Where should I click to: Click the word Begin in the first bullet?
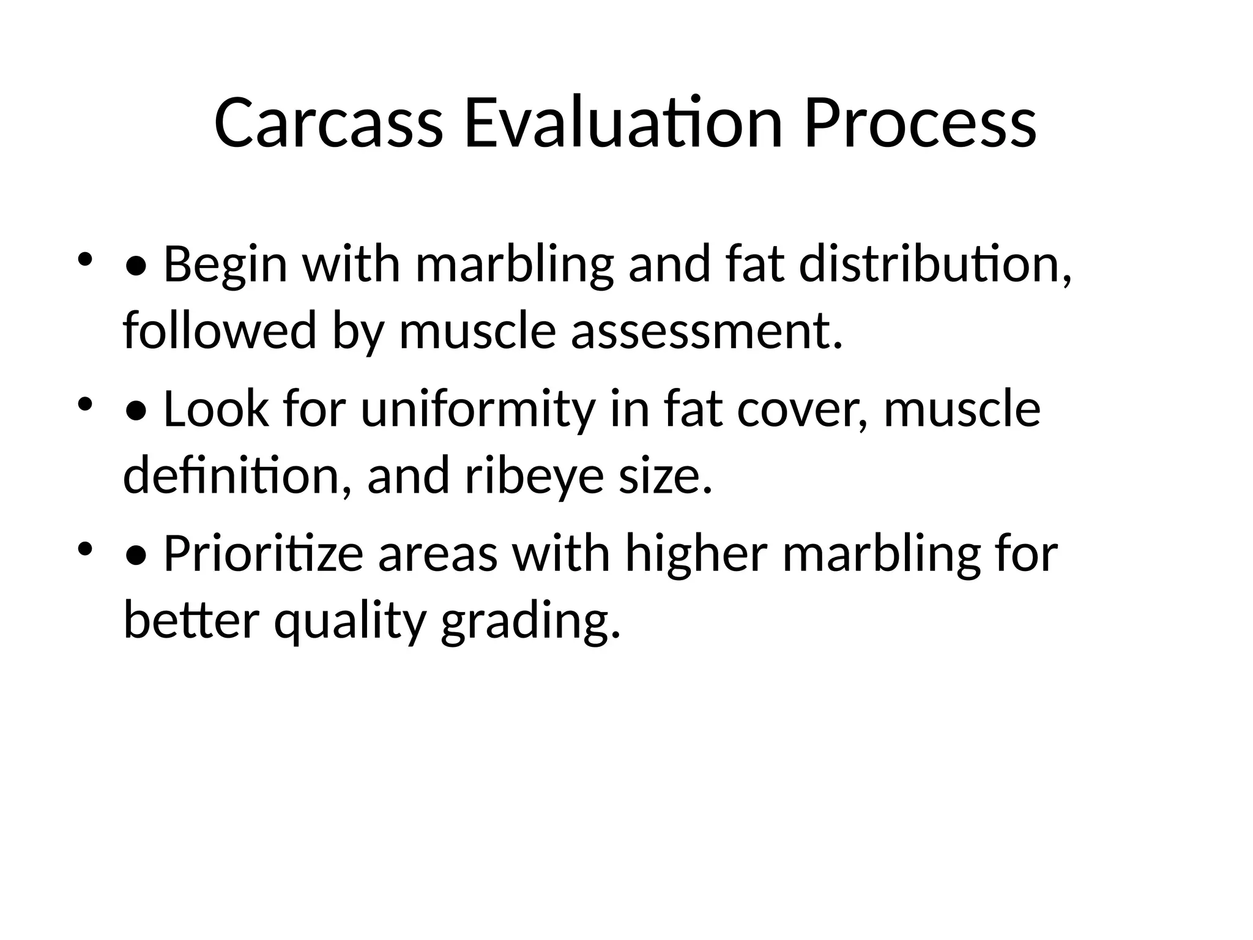point(225,264)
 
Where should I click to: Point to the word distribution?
point(935,264)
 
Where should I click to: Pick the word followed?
point(220,331)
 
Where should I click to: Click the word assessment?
point(707,331)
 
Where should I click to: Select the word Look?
point(216,409)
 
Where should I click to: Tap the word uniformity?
point(478,409)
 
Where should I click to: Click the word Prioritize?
point(264,553)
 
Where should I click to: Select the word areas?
point(437,553)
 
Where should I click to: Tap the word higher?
point(696,553)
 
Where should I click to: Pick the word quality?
point(349,620)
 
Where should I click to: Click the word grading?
point(530,620)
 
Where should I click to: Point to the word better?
point(191,620)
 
